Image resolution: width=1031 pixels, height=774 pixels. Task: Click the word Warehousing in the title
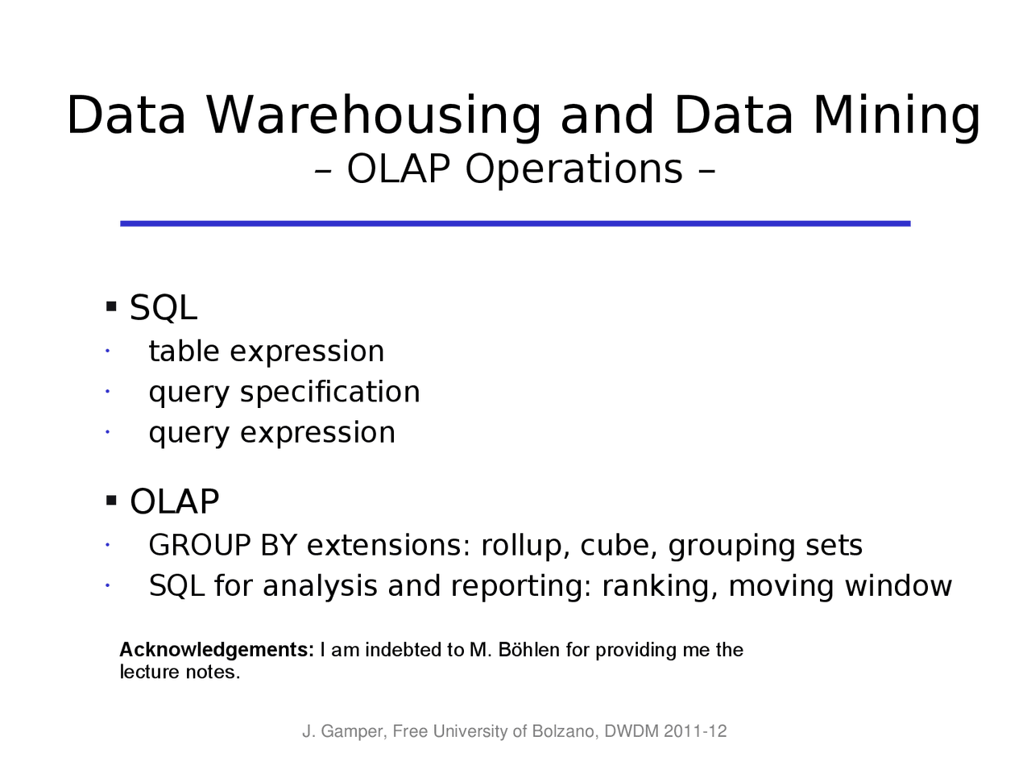click(x=374, y=116)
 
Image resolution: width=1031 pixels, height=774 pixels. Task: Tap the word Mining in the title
click(x=896, y=116)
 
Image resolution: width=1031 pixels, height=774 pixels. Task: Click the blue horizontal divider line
click(x=515, y=223)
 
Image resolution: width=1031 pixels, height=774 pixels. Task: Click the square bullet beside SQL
click(x=111, y=307)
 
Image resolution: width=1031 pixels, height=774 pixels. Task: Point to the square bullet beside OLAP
click(x=111, y=500)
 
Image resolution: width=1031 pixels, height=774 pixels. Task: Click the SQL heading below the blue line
click(x=164, y=308)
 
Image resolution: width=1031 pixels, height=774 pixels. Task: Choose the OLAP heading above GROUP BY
click(x=174, y=501)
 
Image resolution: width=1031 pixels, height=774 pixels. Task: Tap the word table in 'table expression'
click(x=184, y=351)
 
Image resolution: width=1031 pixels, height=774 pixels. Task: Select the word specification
click(x=330, y=392)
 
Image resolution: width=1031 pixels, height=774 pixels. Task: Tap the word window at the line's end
click(x=898, y=586)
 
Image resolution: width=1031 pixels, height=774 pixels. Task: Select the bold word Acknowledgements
click(x=217, y=650)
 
